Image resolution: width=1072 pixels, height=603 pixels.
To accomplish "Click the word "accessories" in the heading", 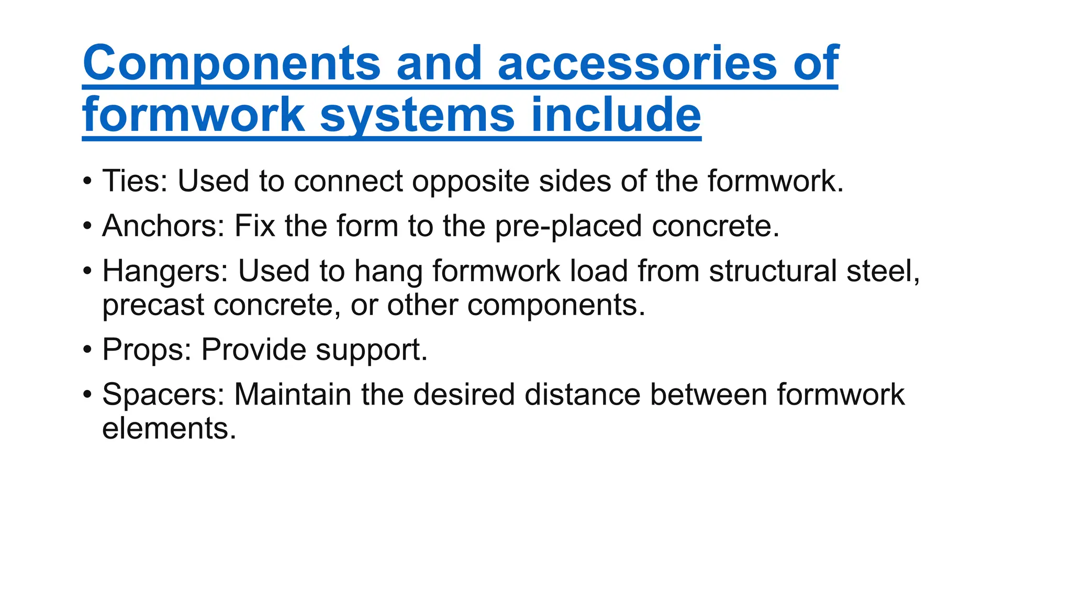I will point(637,63).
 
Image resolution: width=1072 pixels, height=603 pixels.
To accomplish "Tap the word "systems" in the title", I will point(417,116).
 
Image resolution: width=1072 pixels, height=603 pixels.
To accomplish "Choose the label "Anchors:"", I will point(163,226).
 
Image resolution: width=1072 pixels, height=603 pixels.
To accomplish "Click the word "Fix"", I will point(254,226).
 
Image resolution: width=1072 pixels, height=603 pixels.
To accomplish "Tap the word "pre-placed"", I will point(568,227).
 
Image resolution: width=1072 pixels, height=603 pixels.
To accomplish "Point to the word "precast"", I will point(153,306).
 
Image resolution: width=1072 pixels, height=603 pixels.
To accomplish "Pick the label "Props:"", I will point(147,350).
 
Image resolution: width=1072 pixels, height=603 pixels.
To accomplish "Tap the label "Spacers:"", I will point(163,395).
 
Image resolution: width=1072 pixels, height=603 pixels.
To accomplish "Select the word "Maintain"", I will point(292,395).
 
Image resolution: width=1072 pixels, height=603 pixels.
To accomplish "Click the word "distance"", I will point(582,395).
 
